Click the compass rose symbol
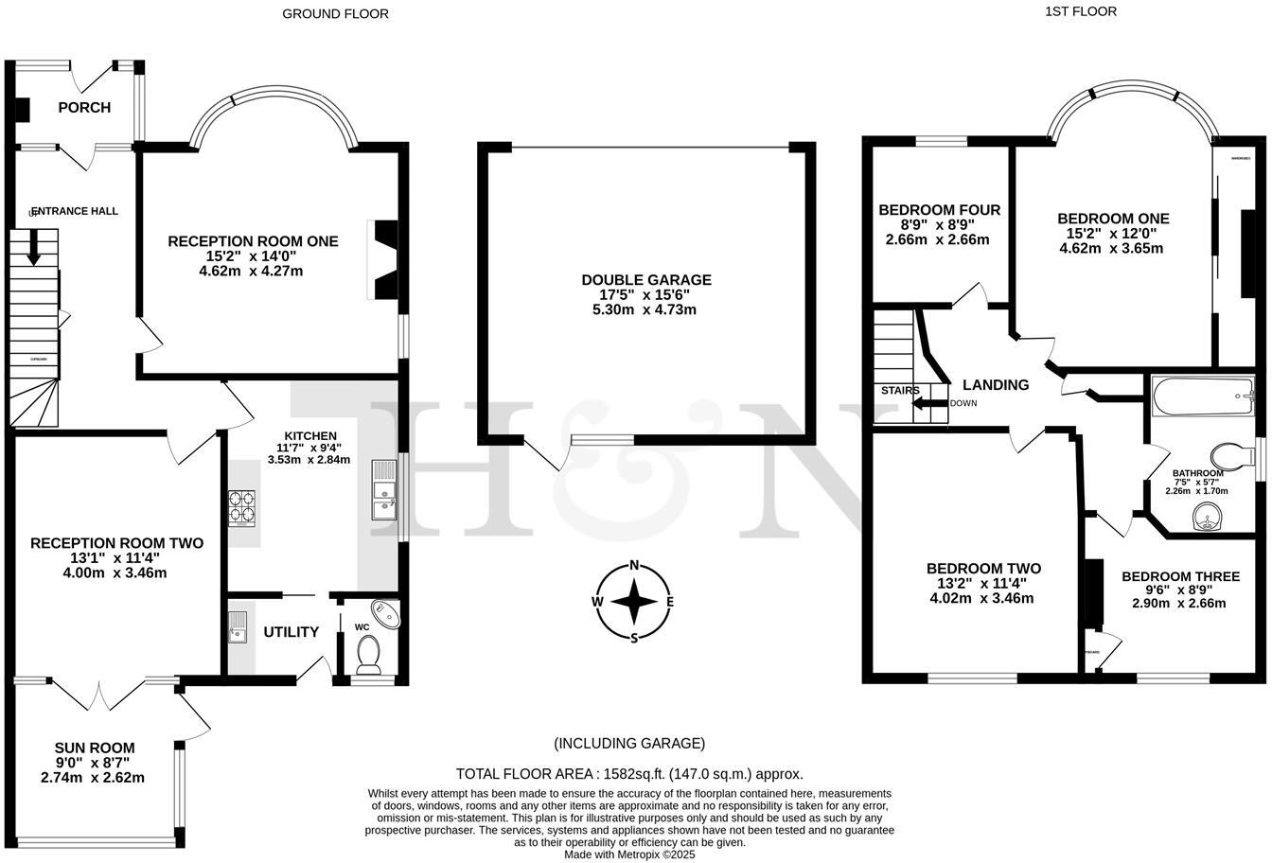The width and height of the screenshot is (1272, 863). (x=633, y=602)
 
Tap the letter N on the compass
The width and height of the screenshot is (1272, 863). (x=634, y=566)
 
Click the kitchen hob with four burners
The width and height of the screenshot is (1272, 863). (x=241, y=506)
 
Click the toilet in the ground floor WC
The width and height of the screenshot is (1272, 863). (x=367, y=653)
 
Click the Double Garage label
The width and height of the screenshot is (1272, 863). (x=645, y=280)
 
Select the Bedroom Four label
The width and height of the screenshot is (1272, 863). (x=939, y=210)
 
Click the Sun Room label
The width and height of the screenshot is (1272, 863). (x=94, y=748)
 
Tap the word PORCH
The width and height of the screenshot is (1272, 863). (x=84, y=108)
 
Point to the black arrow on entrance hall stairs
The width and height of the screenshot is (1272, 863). (x=34, y=252)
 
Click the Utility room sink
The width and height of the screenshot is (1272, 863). (x=237, y=627)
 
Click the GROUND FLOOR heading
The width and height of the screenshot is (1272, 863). (x=335, y=13)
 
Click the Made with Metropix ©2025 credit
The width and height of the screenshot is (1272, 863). (x=629, y=854)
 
